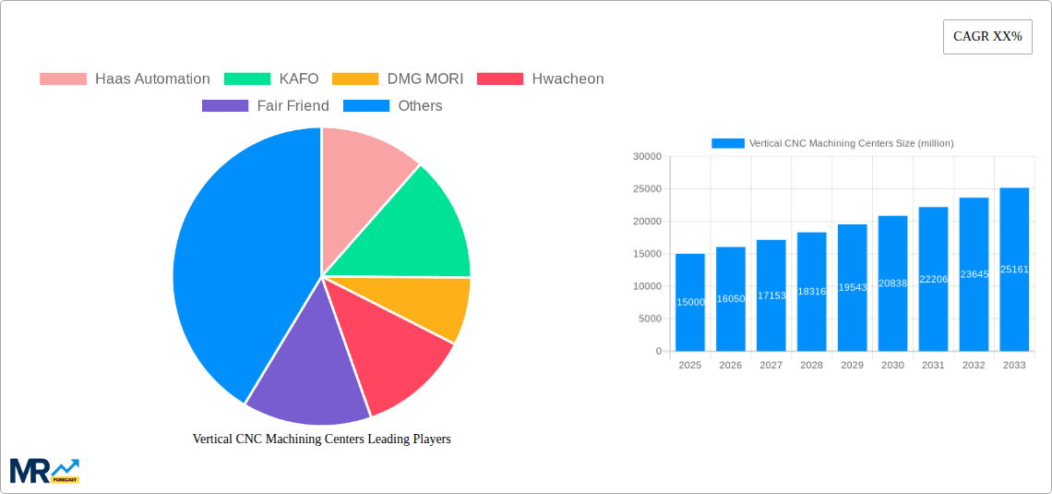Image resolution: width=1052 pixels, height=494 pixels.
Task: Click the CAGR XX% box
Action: click(987, 37)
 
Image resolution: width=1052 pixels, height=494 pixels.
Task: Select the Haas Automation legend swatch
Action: click(63, 79)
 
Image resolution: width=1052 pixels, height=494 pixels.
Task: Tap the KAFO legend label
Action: click(298, 79)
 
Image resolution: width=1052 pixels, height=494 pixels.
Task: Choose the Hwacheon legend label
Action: click(568, 79)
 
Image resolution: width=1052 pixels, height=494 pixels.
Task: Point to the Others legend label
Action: click(420, 106)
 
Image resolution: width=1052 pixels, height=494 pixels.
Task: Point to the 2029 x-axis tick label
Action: click(852, 366)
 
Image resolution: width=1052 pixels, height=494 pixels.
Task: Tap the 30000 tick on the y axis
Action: click(647, 157)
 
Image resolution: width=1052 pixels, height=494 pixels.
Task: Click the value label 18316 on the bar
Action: click(811, 292)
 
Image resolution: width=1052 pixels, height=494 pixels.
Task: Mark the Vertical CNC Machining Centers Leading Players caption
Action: click(321, 440)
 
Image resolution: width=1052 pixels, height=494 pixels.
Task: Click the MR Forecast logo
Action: click(44, 470)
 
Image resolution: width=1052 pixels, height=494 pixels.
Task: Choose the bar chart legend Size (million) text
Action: click(851, 143)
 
